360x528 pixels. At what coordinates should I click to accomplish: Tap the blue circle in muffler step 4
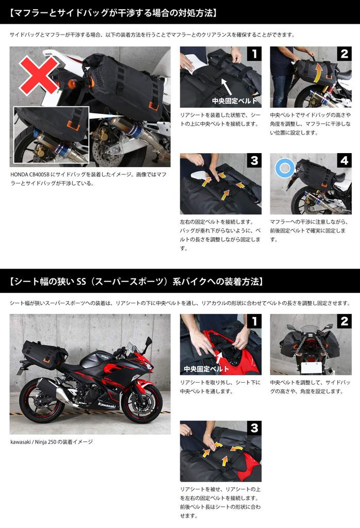pos(284,168)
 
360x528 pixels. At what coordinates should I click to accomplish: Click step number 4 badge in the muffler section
pos(343,161)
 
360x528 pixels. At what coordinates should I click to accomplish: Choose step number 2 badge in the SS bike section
pos(343,322)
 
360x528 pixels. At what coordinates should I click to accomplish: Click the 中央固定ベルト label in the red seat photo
pos(206,369)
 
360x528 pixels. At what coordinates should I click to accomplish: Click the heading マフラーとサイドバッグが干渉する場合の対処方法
pos(113,12)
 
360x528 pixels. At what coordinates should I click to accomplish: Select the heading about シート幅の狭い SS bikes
pos(137,282)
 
